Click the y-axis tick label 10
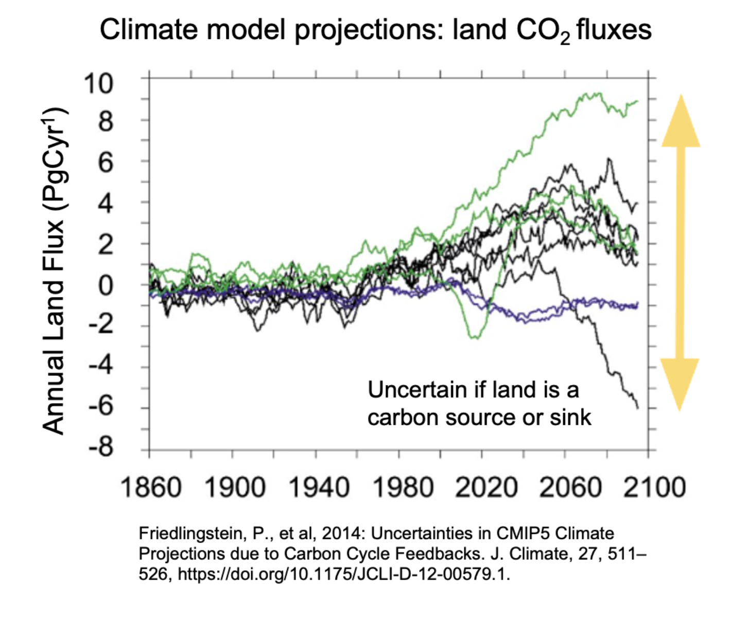click(x=98, y=83)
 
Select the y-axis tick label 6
click(x=106, y=162)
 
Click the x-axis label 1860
click(x=151, y=487)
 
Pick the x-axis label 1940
click(x=319, y=487)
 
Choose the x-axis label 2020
click(x=486, y=487)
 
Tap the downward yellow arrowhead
click(x=680, y=384)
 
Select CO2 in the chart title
click(x=543, y=31)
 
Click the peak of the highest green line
click(x=599, y=94)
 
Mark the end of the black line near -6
click(x=638, y=408)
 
